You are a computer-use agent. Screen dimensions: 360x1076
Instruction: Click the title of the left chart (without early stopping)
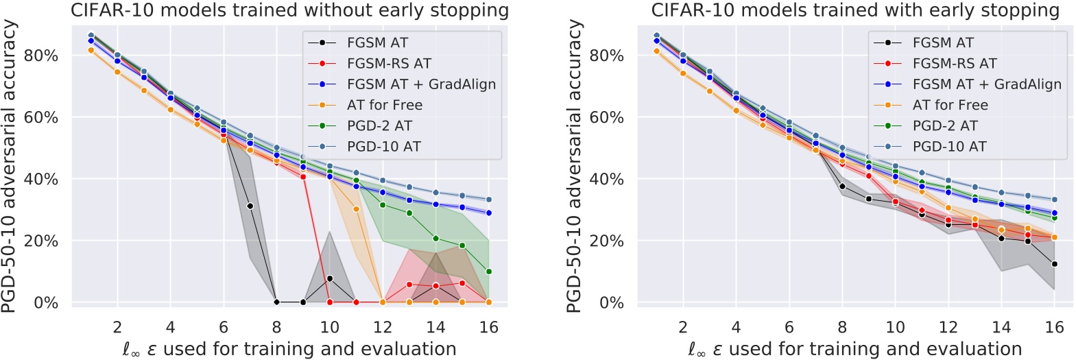(289, 10)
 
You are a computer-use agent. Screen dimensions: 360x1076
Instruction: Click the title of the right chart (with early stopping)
(855, 10)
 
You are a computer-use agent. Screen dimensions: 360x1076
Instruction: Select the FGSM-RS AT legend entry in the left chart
(389, 64)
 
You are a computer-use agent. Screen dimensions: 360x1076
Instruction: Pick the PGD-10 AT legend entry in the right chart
(949, 147)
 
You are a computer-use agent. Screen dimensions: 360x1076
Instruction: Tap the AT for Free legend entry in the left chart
(384, 105)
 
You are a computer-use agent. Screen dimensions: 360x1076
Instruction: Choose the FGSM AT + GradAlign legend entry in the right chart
(986, 84)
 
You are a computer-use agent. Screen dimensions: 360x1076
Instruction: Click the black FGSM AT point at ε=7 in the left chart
(250, 206)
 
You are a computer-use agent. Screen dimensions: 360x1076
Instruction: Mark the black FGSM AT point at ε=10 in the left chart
(330, 278)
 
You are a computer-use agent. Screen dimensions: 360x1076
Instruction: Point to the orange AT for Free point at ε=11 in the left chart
(357, 209)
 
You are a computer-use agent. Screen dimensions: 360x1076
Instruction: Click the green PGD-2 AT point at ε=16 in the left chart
(489, 272)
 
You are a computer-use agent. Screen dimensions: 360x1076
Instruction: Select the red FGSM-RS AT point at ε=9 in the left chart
(303, 177)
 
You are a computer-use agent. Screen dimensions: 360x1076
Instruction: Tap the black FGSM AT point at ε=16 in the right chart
(1055, 264)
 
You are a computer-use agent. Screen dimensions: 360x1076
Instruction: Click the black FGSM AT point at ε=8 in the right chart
(842, 187)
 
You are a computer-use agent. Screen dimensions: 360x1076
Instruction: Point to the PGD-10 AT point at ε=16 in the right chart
(1055, 200)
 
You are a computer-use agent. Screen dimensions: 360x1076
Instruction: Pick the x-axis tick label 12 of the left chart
(383, 327)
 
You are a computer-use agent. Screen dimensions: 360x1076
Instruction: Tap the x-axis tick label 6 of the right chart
(789, 327)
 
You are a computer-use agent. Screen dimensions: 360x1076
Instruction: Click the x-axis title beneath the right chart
(854, 349)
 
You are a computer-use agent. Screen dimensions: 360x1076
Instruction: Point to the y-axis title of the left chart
(9, 167)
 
